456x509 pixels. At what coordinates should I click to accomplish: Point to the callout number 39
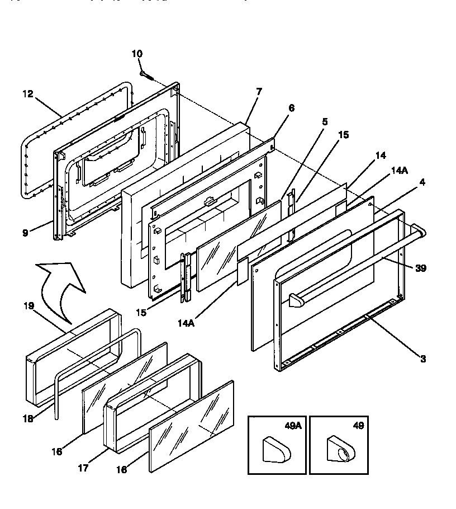coord(421,268)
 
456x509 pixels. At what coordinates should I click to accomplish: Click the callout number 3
coord(422,359)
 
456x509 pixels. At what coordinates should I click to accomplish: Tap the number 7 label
coord(259,92)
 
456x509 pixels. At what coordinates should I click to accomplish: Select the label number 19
coord(29,306)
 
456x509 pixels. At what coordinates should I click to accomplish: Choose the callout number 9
coord(25,233)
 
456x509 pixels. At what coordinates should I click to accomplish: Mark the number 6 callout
coord(291,108)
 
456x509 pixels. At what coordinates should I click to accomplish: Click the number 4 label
coord(422,182)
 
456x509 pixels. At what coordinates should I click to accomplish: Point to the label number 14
coord(380,156)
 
